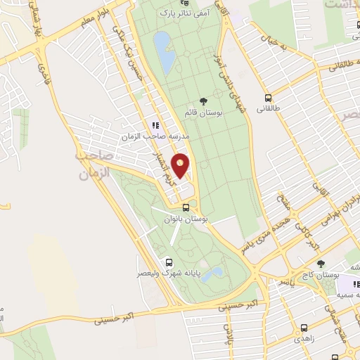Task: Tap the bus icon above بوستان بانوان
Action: [186, 207]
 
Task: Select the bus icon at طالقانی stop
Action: [267, 98]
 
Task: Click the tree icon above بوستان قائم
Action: [203, 101]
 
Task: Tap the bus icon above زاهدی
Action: [304, 327]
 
